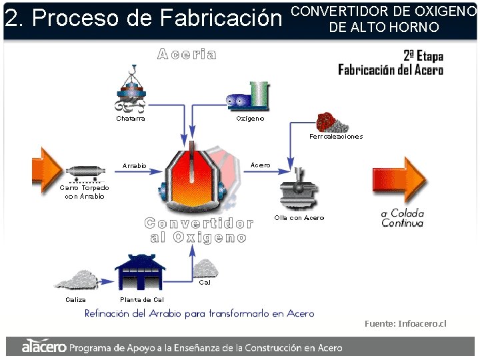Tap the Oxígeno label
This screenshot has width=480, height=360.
pos(250,119)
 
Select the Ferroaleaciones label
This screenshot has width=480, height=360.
pos(336,137)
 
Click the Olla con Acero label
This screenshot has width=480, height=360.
pos(299,218)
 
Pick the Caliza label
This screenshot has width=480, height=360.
pos(75,300)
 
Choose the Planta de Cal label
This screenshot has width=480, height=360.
pos(141,300)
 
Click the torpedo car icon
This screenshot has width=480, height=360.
pos(84,172)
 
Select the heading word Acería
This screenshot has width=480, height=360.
pos(187,55)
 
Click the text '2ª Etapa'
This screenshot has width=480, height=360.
pos(423,56)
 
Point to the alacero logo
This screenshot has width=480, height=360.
pos(44,347)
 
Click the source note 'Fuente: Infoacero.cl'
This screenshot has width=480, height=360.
pos(405,324)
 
